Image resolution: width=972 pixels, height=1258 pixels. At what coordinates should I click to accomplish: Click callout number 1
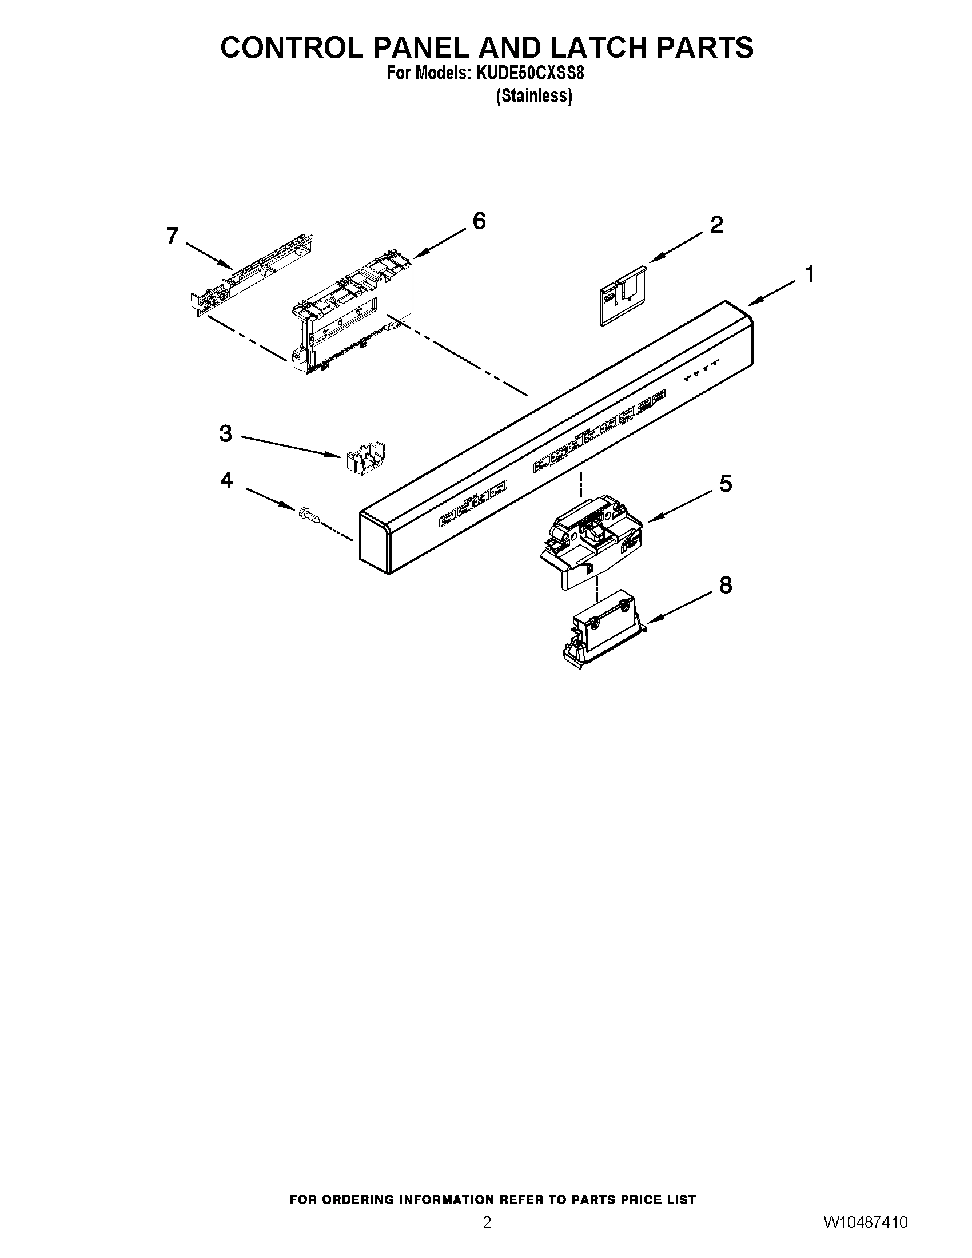810,274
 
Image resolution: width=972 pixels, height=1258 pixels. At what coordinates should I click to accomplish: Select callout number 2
716,224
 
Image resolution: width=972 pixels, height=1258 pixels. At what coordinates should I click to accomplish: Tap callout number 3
225,433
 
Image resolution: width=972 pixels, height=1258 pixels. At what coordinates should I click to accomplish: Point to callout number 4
226,480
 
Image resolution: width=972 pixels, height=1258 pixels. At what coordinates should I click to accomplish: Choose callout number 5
726,484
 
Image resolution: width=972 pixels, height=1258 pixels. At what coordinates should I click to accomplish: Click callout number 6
479,221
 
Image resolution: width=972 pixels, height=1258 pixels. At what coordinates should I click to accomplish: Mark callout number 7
172,235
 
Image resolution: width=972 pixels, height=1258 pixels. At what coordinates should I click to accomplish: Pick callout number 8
726,585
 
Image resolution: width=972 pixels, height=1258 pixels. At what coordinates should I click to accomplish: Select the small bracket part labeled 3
366,459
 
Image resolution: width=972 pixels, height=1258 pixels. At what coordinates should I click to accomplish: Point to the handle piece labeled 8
601,636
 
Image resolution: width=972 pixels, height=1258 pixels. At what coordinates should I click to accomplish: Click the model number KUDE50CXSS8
530,74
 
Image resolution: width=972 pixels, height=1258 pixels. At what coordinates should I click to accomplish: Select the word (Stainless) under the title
534,96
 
